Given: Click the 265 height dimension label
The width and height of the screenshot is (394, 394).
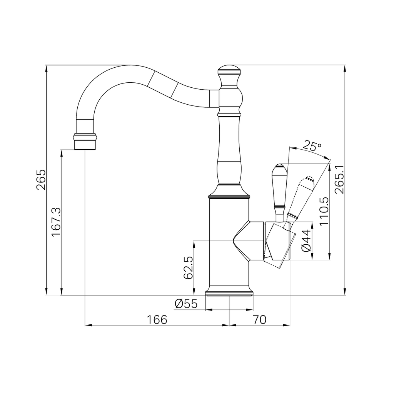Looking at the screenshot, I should pyautogui.click(x=41, y=180).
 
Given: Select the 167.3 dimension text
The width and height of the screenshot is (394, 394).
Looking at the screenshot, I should pyautogui.click(x=56, y=222).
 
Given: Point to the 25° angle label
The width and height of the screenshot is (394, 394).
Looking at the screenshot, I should pyautogui.click(x=312, y=146).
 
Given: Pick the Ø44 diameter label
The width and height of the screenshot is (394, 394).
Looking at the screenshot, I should pyautogui.click(x=307, y=241).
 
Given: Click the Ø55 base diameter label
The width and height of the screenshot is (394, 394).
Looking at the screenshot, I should pyautogui.click(x=186, y=304).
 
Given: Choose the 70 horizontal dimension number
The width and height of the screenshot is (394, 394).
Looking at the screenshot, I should pyautogui.click(x=260, y=320).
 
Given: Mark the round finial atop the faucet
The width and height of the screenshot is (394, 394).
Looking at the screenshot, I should pyautogui.click(x=229, y=70).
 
